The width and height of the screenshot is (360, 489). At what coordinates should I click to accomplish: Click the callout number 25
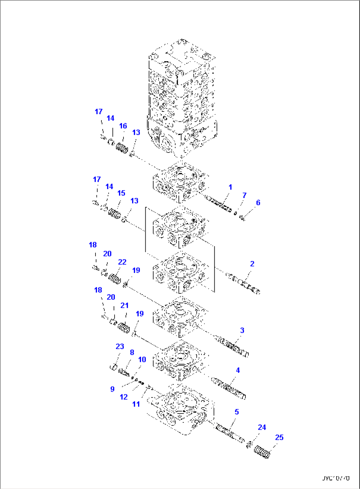pyautogui.click(x=279, y=437)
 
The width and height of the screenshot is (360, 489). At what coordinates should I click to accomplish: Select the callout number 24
pyautogui.click(x=262, y=427)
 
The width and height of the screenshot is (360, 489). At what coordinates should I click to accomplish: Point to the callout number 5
pyautogui.click(x=236, y=412)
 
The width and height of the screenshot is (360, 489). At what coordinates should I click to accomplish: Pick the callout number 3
pyautogui.click(x=242, y=330)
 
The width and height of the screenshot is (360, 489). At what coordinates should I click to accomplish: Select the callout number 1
pyautogui.click(x=230, y=187)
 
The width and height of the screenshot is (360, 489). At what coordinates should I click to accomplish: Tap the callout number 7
pyautogui.click(x=244, y=195)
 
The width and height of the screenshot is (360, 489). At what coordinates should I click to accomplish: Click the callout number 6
pyautogui.click(x=258, y=203)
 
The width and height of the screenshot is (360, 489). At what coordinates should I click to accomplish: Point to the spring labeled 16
pyautogui.click(x=122, y=148)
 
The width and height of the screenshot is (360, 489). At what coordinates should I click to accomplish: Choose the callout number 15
pyautogui.click(x=121, y=193)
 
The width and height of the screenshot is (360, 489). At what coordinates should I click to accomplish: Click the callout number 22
pyautogui.click(x=122, y=262)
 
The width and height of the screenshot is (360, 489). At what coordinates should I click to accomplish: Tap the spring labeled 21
pyautogui.click(x=124, y=328)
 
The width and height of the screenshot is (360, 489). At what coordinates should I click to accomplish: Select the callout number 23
pyautogui.click(x=120, y=346)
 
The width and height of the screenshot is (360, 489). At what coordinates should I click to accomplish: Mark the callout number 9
pyautogui.click(x=112, y=389)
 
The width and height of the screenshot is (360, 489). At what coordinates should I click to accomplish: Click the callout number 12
pyautogui.click(x=124, y=397)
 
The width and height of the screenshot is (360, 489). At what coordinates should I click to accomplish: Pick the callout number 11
pyautogui.click(x=136, y=404)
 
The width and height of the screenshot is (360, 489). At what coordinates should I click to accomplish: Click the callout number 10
pyautogui.click(x=142, y=360)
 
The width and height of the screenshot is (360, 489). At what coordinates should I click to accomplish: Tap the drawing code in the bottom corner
pyautogui.click(x=336, y=478)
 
